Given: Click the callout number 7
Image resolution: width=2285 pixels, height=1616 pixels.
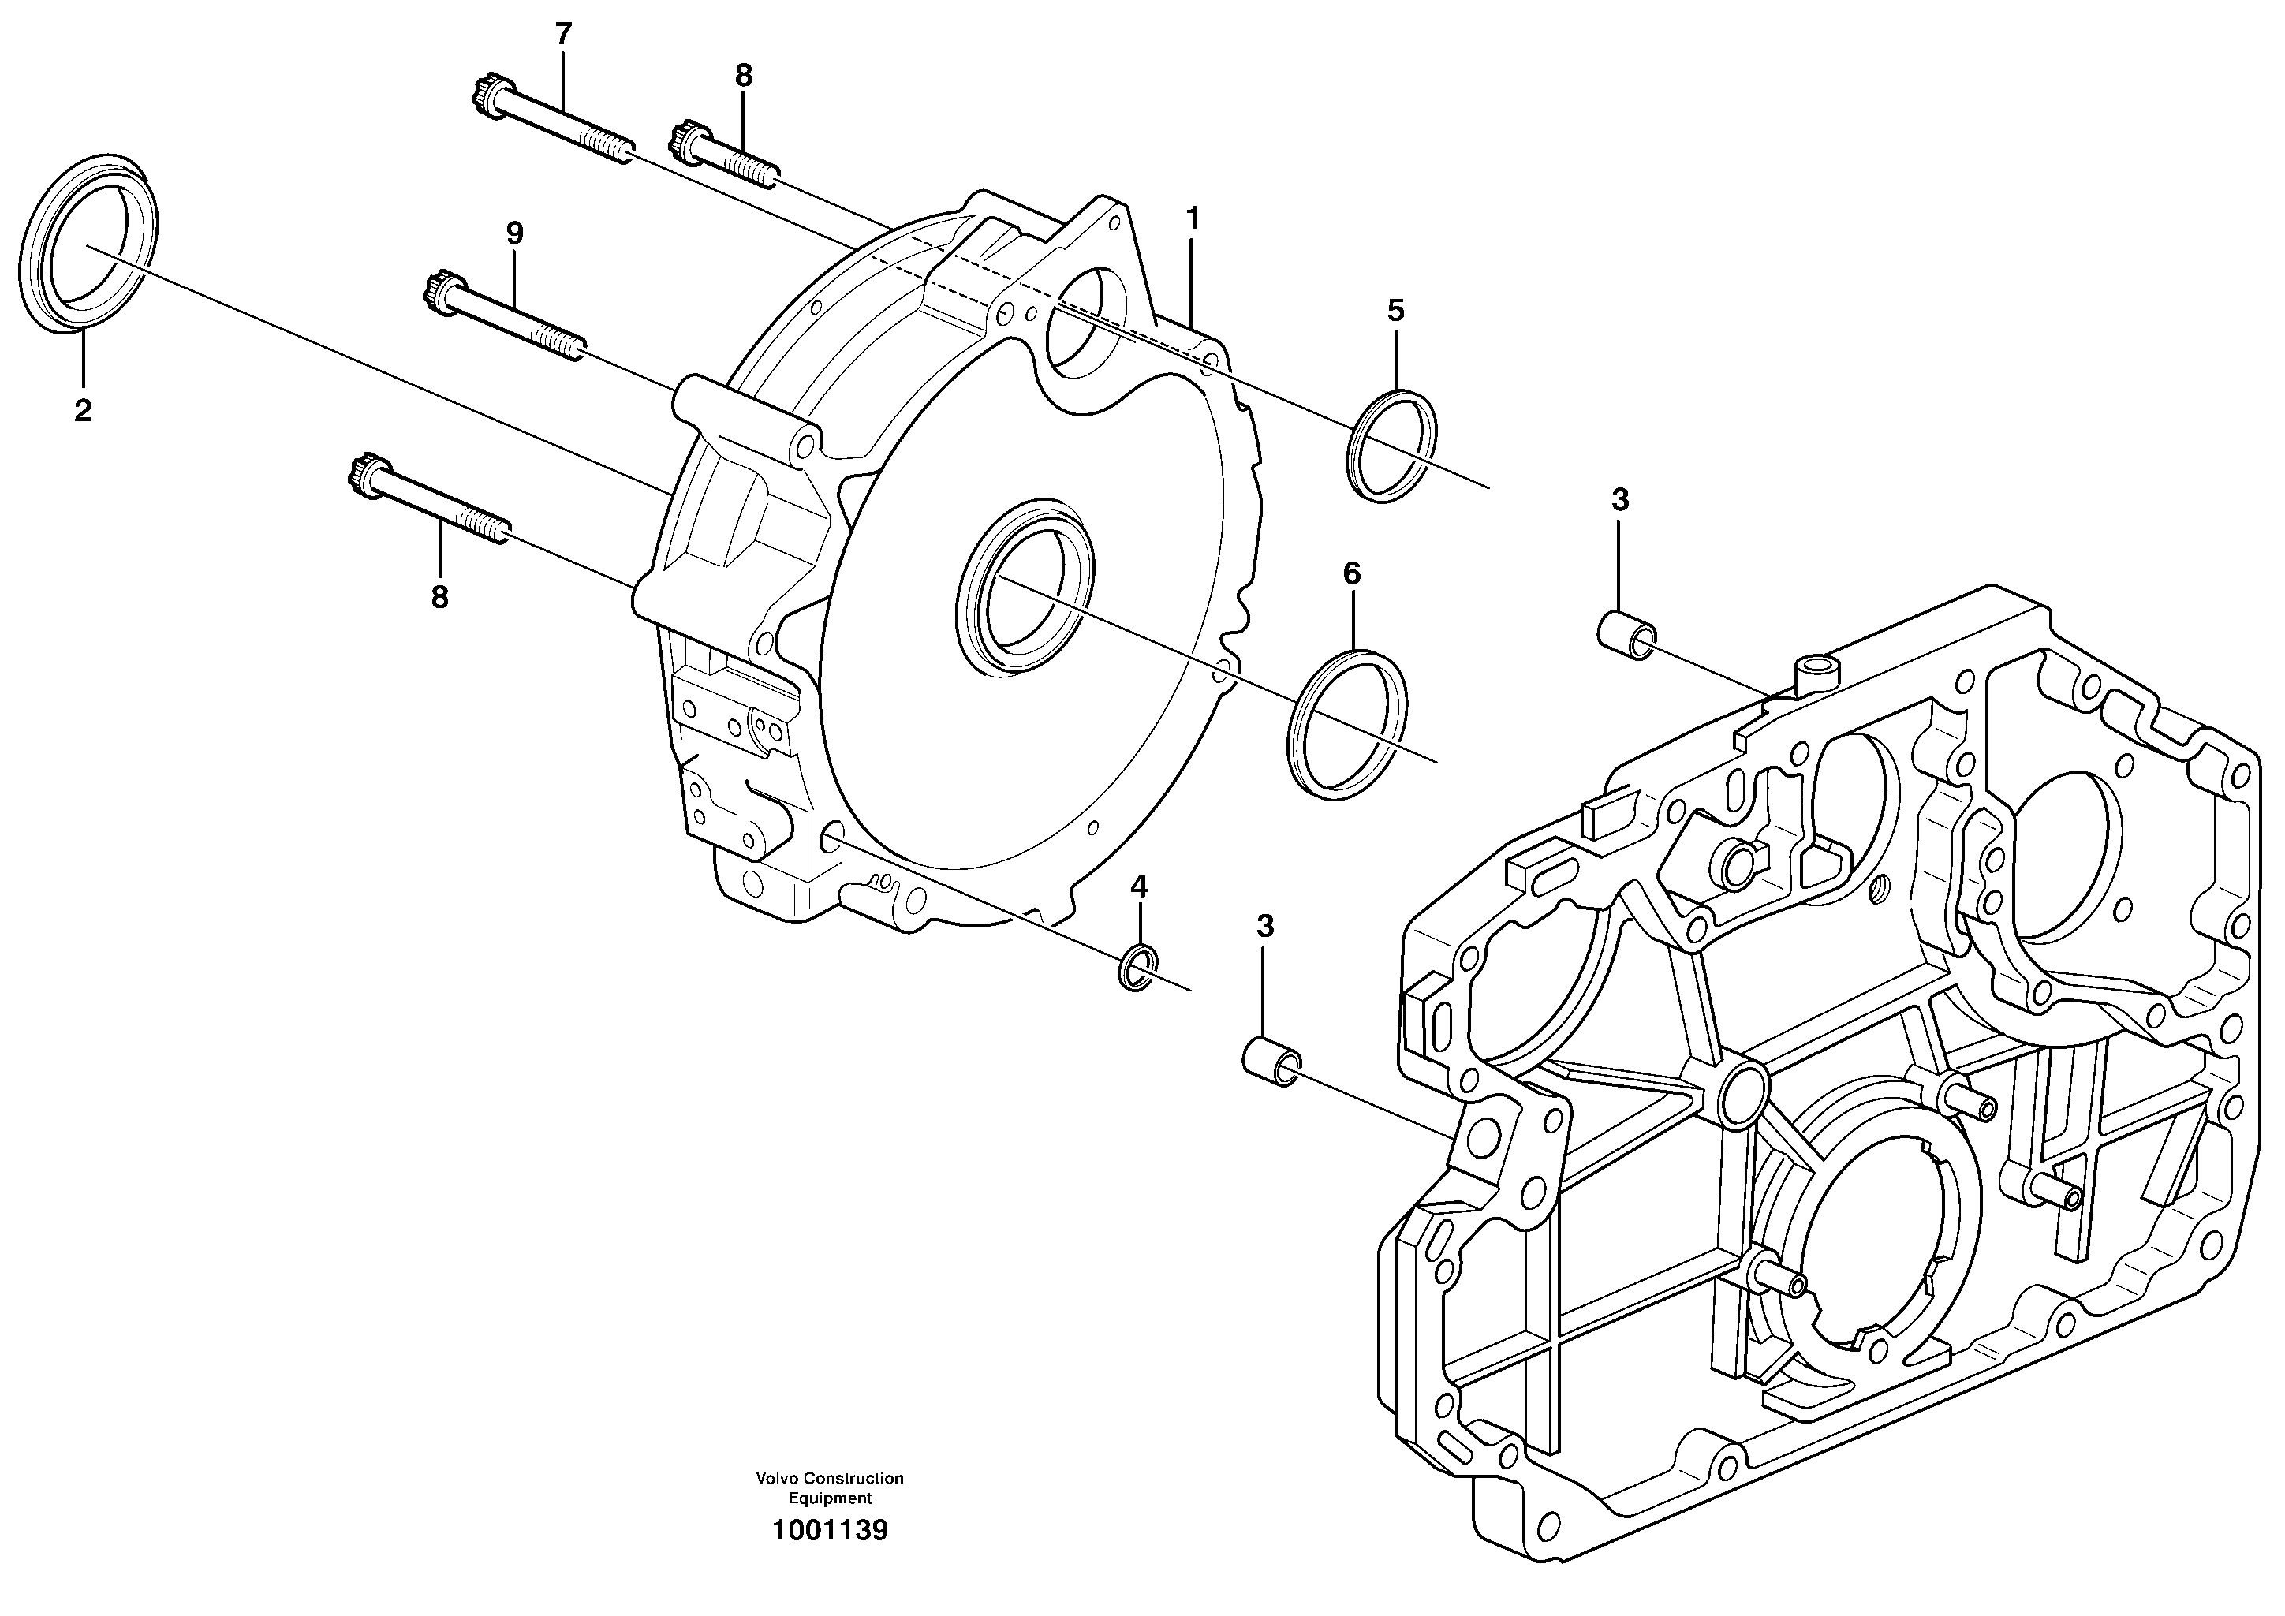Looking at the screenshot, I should (563, 34).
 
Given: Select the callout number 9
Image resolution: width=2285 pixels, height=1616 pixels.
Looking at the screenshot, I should (513, 233).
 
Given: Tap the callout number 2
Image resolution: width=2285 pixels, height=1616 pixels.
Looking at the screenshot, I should (83, 409).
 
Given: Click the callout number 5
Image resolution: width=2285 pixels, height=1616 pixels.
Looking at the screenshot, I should (1396, 311).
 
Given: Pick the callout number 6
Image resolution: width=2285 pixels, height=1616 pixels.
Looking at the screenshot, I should (1351, 573).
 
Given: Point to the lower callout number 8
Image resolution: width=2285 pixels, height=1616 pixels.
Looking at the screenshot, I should (439, 597).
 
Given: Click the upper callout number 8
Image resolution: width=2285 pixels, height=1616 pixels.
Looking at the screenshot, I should (744, 75).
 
